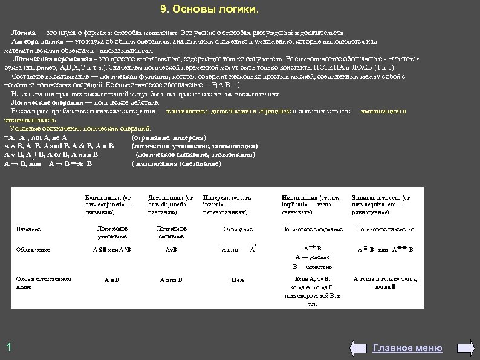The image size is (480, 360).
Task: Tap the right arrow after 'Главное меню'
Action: [x=453, y=348]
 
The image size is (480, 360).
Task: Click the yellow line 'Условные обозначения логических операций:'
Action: [x=81, y=128]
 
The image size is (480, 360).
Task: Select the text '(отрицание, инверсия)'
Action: [x=169, y=137]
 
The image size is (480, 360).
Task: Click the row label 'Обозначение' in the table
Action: [x=33, y=249]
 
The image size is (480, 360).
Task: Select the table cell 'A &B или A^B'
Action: [x=111, y=249]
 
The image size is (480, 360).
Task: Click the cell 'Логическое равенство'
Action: [x=385, y=229]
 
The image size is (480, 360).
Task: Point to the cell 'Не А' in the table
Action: [x=238, y=280]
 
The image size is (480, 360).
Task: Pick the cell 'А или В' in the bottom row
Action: [x=171, y=280]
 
